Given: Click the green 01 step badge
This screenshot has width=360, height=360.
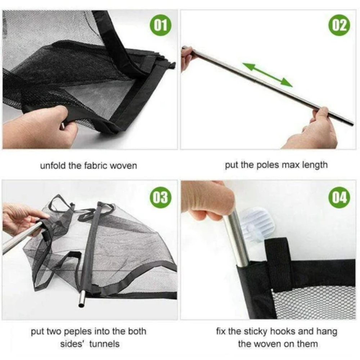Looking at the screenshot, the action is [x=161, y=25].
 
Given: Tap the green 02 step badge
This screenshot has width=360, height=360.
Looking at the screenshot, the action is [x=339, y=25].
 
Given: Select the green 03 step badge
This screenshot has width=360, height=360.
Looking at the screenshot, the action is [x=161, y=197].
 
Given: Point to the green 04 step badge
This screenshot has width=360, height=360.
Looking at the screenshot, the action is [x=339, y=197].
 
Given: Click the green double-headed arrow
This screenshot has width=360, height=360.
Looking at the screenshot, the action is [x=267, y=75].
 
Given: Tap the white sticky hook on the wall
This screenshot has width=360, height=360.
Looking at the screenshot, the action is [x=255, y=225].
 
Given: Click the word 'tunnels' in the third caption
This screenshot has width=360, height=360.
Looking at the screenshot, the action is [x=104, y=344].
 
